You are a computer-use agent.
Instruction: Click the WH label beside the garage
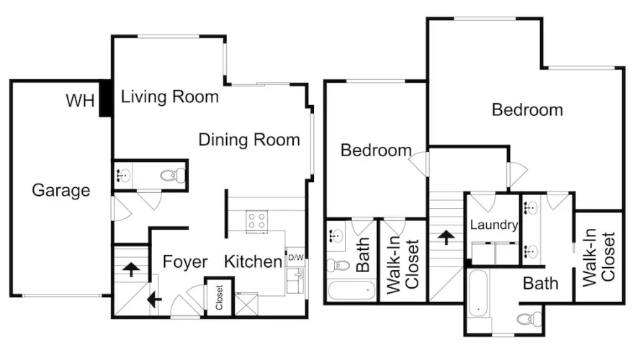point(80,101)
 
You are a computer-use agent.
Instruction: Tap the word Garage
point(61,190)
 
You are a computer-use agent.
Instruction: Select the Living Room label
point(170,97)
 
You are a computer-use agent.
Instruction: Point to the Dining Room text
point(249,140)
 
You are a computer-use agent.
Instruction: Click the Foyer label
point(185,262)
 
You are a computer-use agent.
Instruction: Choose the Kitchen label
point(253,261)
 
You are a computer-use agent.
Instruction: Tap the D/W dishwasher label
point(296,258)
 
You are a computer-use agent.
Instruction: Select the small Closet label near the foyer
point(219,297)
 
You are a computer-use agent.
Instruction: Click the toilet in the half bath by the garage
point(172,176)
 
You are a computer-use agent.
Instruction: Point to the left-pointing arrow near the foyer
point(154,300)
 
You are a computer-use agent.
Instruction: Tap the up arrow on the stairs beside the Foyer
point(131,269)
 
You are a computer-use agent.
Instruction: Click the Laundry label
point(494,225)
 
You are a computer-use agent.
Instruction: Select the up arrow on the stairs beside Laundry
point(446,238)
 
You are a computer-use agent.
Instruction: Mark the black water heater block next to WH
point(105,99)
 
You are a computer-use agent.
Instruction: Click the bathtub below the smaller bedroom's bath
point(351,290)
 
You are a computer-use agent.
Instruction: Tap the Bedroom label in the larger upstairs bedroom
point(527,110)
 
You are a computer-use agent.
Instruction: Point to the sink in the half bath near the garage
point(123,176)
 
